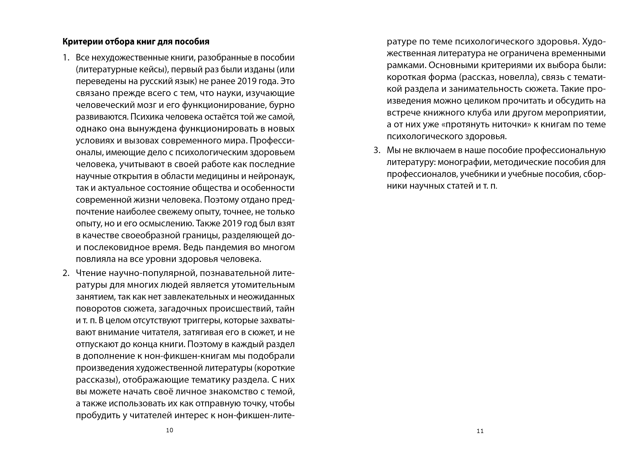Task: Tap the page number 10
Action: coord(170,430)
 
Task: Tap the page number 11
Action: coord(480,431)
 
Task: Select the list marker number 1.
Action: coord(66,58)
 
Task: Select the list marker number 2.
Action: coord(66,273)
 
